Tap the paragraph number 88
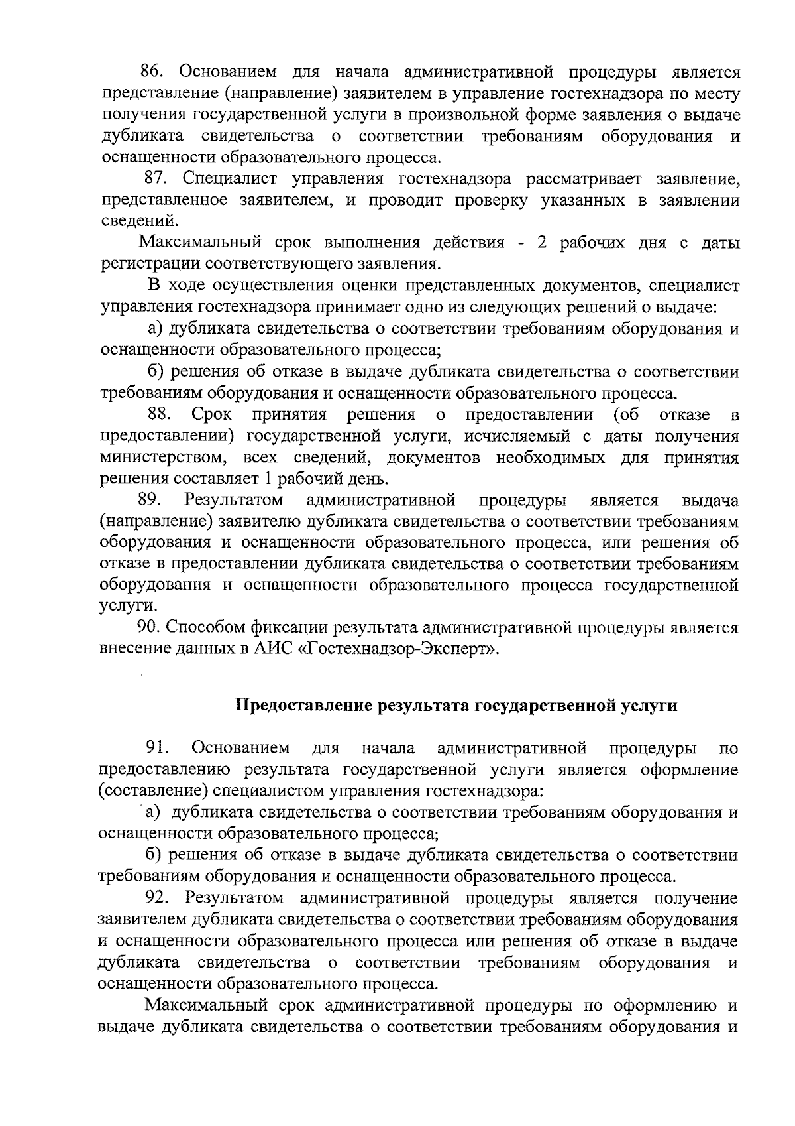[x=160, y=415]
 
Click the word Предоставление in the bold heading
[x=304, y=705]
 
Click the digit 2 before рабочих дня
[x=541, y=243]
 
